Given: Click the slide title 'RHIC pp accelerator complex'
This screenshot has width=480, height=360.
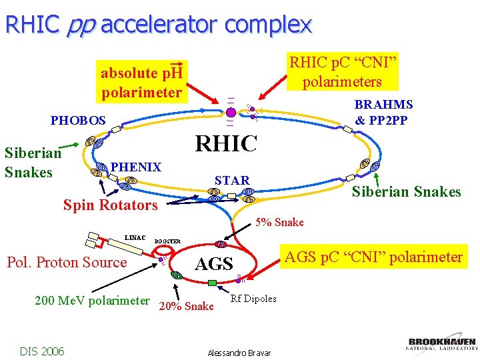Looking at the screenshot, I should tap(158, 25).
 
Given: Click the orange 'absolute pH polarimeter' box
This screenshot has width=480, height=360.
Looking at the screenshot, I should tap(141, 83).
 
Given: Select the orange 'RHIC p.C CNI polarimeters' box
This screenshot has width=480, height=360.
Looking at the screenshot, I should tap(342, 73).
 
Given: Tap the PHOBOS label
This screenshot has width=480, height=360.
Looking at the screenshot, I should tap(78, 121).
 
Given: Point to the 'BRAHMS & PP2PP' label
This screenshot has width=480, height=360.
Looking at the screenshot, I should tap(383, 112).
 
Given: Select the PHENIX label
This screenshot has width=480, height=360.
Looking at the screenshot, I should tap(136, 167).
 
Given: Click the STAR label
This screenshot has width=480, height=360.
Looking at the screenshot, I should tap(232, 180).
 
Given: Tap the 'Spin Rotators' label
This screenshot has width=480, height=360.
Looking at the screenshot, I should tap(110, 205).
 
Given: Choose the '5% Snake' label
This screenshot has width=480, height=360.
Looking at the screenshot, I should tap(280, 222).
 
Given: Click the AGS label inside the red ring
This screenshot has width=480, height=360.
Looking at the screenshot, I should tap(213, 264).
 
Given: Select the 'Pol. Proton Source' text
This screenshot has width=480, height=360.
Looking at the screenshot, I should tap(67, 262).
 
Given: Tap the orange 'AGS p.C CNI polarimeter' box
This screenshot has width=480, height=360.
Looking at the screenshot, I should tap(374, 257).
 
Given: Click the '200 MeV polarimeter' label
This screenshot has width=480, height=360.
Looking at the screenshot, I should tap(92, 300).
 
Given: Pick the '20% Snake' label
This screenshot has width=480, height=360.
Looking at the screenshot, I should tap(187, 306).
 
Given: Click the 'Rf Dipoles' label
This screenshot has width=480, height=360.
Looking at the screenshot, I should tap(253, 299).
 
